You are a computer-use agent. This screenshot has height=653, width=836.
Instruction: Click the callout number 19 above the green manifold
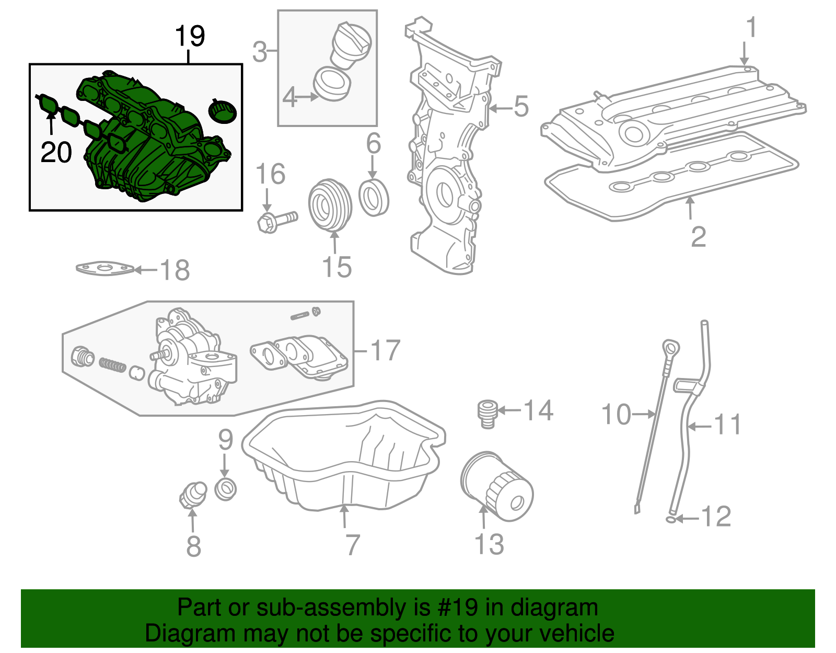(190, 36)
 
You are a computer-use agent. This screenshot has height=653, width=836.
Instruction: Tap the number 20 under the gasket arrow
(56, 152)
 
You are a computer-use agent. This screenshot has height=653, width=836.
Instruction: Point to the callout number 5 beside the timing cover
(521, 107)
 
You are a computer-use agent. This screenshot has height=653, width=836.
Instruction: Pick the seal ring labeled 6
(374, 197)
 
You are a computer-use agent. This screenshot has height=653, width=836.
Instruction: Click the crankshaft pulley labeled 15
(330, 205)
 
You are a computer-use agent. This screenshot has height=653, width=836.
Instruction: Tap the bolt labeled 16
(276, 220)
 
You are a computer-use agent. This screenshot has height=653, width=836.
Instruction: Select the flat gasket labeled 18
(104, 269)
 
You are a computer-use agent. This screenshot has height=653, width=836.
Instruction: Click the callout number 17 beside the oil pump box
(386, 350)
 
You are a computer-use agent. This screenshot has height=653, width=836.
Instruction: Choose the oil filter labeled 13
(496, 486)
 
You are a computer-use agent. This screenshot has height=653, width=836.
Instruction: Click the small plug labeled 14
(487, 414)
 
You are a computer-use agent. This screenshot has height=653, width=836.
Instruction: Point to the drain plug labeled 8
(192, 494)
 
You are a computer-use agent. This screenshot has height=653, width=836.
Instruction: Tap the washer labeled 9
(226, 489)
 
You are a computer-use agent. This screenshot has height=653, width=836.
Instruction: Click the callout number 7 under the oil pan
(353, 545)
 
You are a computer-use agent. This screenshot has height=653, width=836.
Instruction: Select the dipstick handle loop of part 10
(671, 349)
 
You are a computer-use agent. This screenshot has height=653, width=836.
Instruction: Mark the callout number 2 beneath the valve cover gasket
(698, 237)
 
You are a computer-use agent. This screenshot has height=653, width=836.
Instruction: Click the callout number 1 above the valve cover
(751, 28)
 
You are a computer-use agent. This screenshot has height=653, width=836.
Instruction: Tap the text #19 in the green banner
(454, 608)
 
